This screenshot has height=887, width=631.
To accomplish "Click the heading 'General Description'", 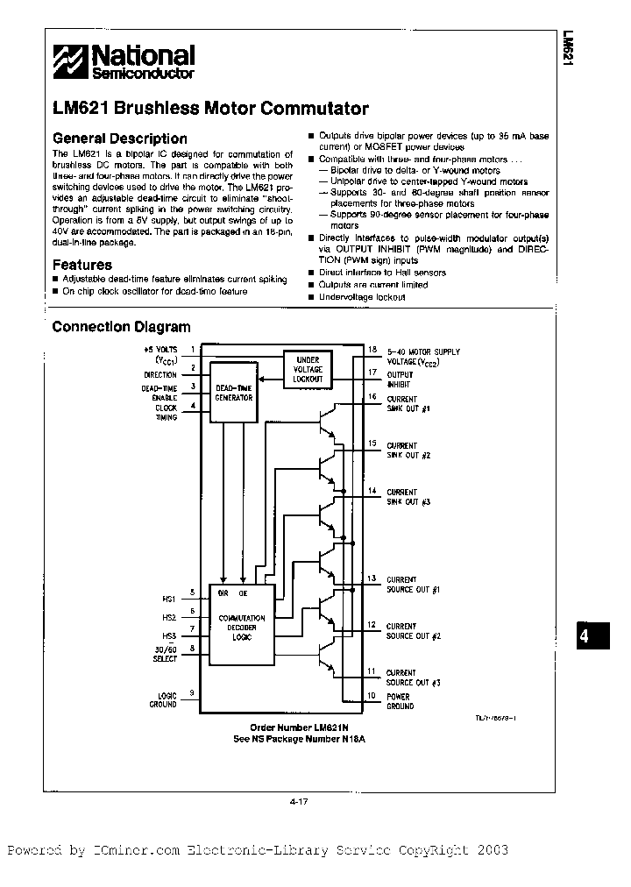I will tap(120, 138).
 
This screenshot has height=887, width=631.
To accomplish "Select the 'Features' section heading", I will tap(82, 265).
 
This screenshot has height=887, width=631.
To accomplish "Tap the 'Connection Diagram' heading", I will tap(121, 327).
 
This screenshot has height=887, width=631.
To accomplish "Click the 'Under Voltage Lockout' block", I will tap(308, 369).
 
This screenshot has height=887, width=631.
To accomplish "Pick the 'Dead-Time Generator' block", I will tap(234, 392).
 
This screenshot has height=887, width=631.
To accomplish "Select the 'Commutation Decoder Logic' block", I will tap(240, 626).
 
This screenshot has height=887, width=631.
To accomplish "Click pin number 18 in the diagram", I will tap(372, 349).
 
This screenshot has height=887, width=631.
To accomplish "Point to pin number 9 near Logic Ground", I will tap(192, 693).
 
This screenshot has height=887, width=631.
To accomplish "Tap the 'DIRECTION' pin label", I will tap(160, 374).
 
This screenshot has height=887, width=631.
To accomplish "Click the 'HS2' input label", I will tap(169, 617).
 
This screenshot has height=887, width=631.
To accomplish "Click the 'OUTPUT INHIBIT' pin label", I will tap(401, 380).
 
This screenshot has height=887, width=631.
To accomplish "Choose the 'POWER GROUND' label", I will tap(400, 701).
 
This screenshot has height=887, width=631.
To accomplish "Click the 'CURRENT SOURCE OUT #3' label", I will tap(413, 678).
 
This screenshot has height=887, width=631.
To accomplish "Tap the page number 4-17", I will tap(299, 799).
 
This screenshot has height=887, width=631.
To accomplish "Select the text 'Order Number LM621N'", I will tap(298, 727).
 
